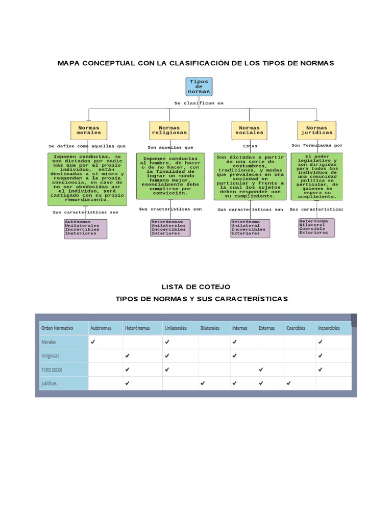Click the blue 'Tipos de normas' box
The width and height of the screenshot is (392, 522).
[199, 87]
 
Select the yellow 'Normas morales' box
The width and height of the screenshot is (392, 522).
[89, 130]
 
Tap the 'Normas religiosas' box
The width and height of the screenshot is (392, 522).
[169, 130]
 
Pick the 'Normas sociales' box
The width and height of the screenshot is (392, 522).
[249, 130]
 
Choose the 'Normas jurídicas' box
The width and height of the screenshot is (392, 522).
[316, 130]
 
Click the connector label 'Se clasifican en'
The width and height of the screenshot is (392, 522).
[199, 103]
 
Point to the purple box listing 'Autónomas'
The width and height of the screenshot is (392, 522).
[85, 229]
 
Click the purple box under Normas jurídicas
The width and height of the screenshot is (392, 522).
[316, 228]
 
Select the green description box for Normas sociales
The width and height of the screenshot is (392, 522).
[250, 176]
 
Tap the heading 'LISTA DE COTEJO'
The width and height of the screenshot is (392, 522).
[195, 288]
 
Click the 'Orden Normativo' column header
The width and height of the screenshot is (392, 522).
[57, 328]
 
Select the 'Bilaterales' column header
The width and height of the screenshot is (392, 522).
[210, 328]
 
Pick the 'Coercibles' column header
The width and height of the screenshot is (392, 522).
[296, 328]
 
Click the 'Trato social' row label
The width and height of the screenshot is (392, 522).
[52, 369]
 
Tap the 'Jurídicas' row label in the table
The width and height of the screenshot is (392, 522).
[50, 383]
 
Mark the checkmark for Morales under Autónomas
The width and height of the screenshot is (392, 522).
[93, 342]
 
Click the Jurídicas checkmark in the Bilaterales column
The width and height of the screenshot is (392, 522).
[203, 383]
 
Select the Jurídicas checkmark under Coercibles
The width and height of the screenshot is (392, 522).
[288, 383]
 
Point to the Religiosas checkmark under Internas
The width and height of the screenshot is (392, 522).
[234, 355]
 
